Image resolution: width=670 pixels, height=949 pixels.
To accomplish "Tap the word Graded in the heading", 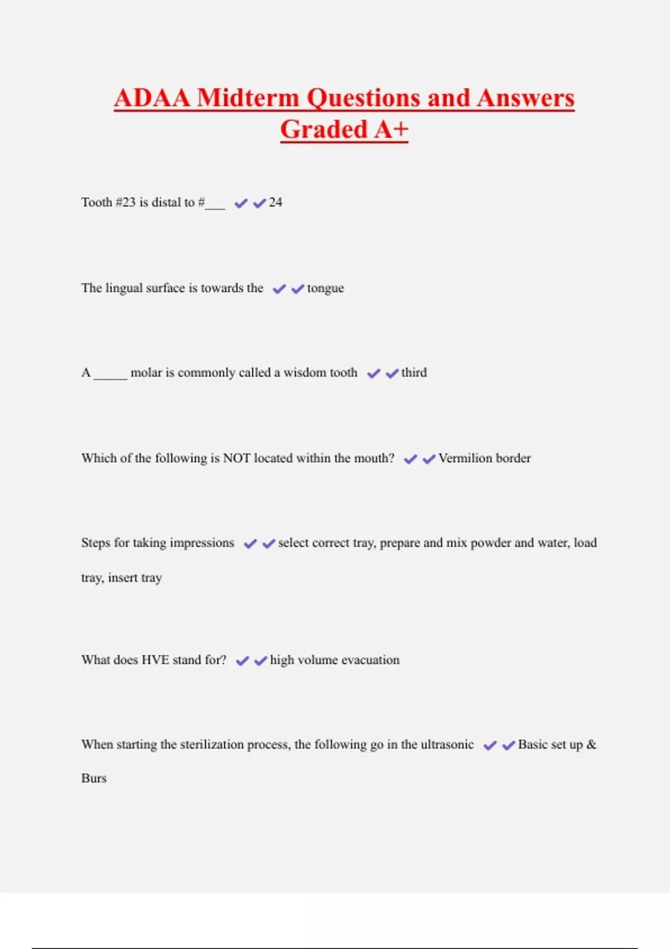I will pos(323,130).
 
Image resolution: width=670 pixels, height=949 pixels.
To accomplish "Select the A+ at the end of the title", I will pos(391,130).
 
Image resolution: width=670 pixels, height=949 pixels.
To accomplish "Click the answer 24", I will pos(275,202).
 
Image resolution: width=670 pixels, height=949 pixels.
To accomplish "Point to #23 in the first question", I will pos(126,202).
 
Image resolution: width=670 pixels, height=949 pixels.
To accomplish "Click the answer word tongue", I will pos(326,289).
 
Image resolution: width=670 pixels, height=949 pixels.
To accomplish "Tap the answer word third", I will pos(414,372).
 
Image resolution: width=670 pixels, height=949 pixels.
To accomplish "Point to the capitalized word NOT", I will pos(237,458).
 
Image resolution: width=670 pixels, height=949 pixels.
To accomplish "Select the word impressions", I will pos(202,543).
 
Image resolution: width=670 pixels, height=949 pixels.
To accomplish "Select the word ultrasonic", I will pos(447,744).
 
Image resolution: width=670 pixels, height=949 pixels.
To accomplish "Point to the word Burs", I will pos(94,778).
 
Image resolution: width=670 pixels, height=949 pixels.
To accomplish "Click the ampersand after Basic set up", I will pos(591,744).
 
